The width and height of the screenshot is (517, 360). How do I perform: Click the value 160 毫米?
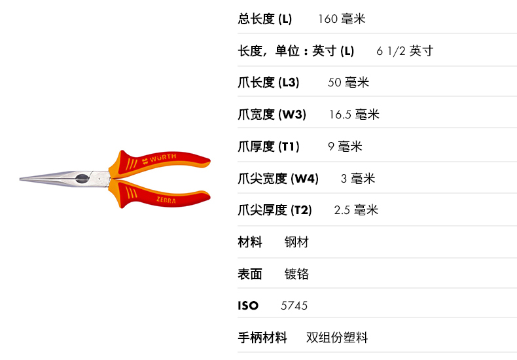pyautogui.click(x=342, y=19)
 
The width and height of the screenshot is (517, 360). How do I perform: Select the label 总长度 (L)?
pyautogui.click(x=264, y=19)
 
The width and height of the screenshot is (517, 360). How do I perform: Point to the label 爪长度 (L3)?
pyautogui.click(x=268, y=82)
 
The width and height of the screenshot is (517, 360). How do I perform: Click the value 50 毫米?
pyautogui.click(x=348, y=82)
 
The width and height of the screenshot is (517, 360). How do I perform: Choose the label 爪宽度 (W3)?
pyautogui.click(x=272, y=115)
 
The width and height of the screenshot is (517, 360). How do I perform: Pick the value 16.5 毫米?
pyautogui.click(x=353, y=115)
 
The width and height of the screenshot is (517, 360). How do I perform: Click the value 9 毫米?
pyautogui.click(x=345, y=147)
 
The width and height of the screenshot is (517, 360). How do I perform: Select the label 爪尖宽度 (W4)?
pyautogui.click(x=278, y=178)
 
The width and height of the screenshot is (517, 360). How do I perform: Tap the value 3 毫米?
pyautogui.click(x=358, y=178)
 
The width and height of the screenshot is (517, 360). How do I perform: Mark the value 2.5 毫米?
pyautogui.click(x=356, y=210)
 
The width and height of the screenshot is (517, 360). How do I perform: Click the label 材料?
pyautogui.click(x=250, y=242)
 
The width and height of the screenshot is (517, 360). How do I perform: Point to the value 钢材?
pyautogui.click(x=296, y=242)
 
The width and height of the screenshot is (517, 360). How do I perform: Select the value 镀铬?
pyautogui.click(x=296, y=274)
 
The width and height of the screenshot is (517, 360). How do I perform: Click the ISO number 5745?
pyautogui.click(x=294, y=306)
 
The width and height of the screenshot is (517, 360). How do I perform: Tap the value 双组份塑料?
pyautogui.click(x=337, y=338)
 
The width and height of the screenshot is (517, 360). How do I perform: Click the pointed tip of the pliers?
pyautogui.click(x=22, y=179)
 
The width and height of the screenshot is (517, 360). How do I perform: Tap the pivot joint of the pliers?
pyautogui.click(x=82, y=179)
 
